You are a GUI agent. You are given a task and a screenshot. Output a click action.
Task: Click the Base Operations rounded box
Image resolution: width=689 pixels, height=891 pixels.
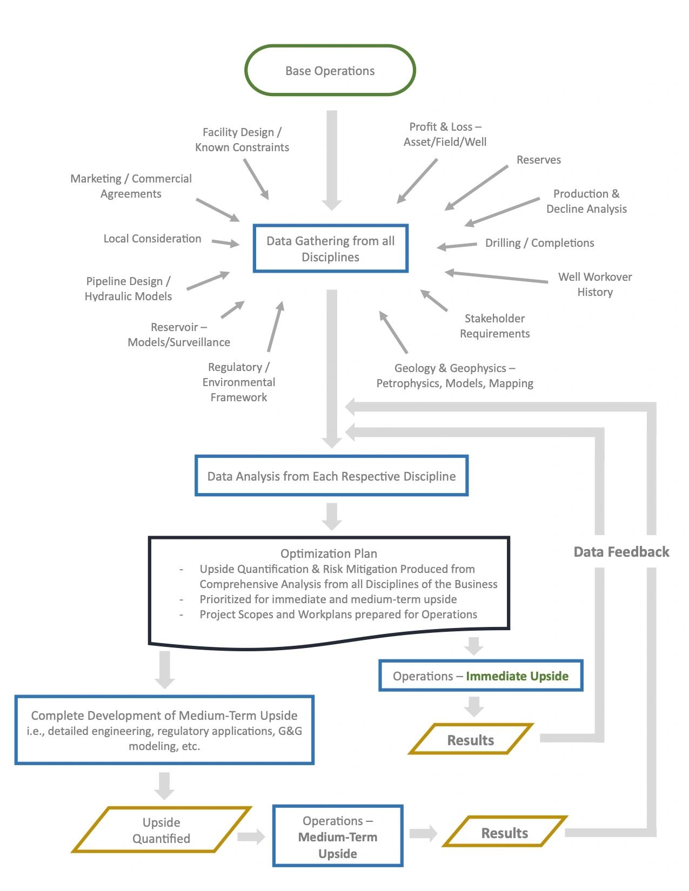[x=330, y=71]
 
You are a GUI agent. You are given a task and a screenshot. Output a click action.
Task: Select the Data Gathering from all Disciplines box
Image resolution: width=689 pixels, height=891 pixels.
[x=330, y=248]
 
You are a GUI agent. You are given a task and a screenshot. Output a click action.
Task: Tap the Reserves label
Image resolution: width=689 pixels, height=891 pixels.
[x=538, y=160]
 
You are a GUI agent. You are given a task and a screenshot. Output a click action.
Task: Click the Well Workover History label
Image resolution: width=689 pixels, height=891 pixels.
[x=594, y=284]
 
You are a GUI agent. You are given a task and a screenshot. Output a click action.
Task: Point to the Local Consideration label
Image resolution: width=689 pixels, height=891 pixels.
[x=152, y=239]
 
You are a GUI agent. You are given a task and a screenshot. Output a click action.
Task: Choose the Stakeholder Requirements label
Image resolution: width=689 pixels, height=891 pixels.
[x=494, y=326]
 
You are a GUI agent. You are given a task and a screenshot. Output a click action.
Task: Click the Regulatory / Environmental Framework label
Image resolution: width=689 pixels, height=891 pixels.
[x=238, y=382]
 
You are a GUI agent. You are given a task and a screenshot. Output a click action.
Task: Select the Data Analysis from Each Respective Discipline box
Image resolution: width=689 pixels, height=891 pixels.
[x=331, y=476]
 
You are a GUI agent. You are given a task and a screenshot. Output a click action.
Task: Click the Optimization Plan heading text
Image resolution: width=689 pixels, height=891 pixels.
[x=329, y=553]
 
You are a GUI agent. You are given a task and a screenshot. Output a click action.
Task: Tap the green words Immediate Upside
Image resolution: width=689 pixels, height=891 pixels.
[x=517, y=676]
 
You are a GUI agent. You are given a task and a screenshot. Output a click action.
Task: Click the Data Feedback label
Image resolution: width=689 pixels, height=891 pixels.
[x=621, y=551]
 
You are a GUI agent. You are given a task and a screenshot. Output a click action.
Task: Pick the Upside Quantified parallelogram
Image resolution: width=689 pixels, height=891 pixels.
[x=161, y=830]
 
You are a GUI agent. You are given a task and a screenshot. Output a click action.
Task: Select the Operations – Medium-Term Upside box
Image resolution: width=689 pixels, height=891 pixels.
[x=338, y=836]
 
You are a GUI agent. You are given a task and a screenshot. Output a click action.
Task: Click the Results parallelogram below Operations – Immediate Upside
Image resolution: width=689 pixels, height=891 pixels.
[x=470, y=740]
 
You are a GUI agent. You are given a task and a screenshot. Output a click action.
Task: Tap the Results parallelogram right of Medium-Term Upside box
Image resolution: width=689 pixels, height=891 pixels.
[x=504, y=833]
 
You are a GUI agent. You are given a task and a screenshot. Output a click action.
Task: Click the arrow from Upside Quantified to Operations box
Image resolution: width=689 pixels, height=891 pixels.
[x=251, y=837]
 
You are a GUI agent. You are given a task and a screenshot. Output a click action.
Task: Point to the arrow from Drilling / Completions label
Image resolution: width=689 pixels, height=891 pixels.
[x=457, y=246]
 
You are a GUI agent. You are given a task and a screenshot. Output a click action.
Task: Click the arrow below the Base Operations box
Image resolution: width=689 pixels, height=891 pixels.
[x=332, y=159]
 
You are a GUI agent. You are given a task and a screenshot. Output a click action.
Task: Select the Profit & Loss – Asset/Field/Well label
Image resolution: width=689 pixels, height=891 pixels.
[x=445, y=134]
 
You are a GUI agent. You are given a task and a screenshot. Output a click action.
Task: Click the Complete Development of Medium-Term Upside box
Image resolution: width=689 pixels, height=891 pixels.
[x=164, y=730]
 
